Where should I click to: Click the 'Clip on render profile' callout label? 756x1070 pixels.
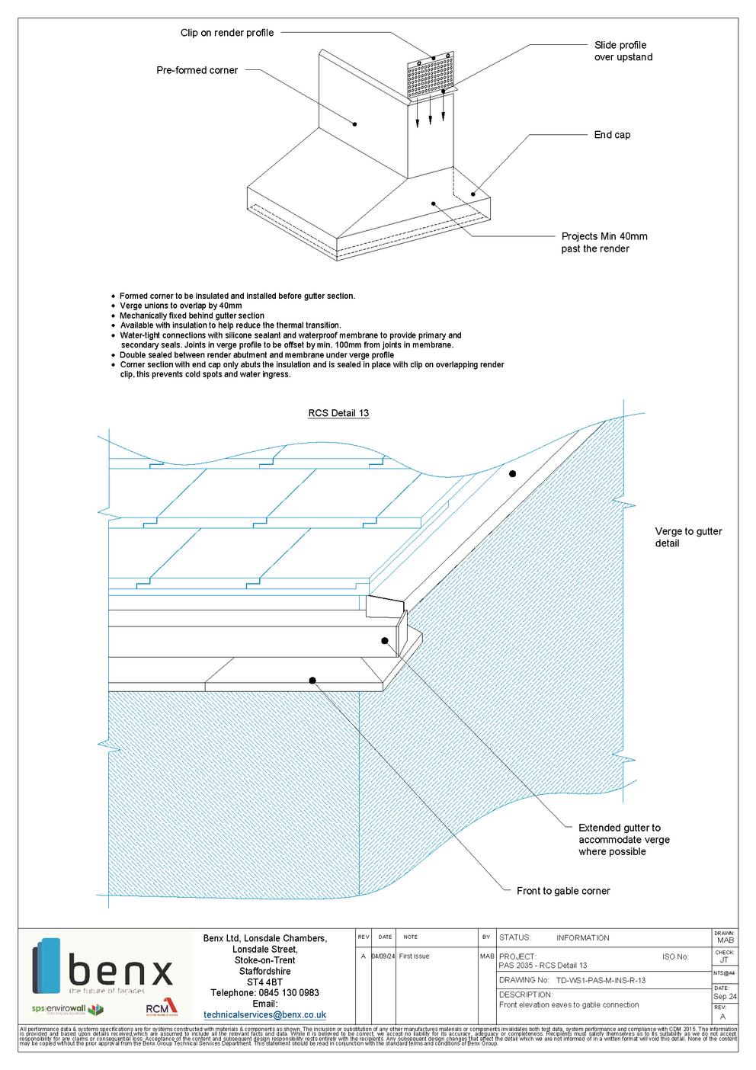tap(226, 33)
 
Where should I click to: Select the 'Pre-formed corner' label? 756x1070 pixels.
tap(197, 70)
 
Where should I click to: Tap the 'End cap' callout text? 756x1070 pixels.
tap(612, 135)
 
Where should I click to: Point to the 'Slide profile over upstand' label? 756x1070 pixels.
tap(623, 51)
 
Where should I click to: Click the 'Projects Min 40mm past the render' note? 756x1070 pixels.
tap(604, 242)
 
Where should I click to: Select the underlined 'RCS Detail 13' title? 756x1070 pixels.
tap(338, 413)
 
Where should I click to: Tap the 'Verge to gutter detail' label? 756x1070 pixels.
tap(688, 537)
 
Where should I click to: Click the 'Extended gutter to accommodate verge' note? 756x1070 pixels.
tap(623, 839)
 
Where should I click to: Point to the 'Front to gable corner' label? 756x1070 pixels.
tap(562, 891)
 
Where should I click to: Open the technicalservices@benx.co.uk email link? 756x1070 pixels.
tap(264, 1014)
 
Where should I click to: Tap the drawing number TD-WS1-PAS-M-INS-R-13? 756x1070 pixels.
tap(600, 980)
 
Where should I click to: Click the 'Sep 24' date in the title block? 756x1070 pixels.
tap(724, 996)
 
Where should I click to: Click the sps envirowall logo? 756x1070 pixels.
tap(67, 1010)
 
